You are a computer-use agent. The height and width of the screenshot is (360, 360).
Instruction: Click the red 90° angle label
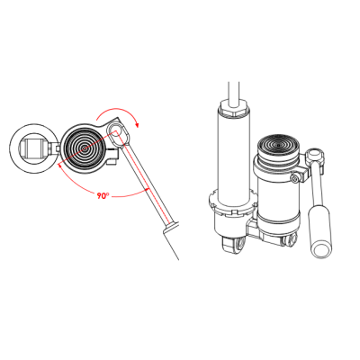tap(103, 195)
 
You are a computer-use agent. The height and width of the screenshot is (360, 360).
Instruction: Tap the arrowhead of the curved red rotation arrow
tap(138, 124)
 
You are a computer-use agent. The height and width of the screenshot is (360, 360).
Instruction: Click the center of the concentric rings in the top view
tap(85, 148)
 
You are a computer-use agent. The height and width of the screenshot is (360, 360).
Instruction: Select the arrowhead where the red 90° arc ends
tap(59, 165)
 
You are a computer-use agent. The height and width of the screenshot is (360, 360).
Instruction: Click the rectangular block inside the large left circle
tap(32, 148)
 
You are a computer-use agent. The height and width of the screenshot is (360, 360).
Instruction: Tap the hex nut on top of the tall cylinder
tap(234, 107)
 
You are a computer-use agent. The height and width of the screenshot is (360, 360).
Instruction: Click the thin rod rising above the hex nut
tap(234, 93)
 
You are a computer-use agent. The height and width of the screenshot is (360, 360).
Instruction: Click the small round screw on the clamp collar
tap(294, 179)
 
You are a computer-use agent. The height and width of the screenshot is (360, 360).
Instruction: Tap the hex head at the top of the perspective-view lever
tap(315, 156)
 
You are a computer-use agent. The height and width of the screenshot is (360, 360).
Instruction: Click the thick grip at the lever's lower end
tap(319, 232)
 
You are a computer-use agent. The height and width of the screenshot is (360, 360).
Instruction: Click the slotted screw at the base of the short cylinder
tap(291, 241)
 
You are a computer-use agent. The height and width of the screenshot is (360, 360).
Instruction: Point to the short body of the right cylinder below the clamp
tap(279, 204)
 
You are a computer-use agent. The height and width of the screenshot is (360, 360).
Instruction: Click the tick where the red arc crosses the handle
tap(147, 190)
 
